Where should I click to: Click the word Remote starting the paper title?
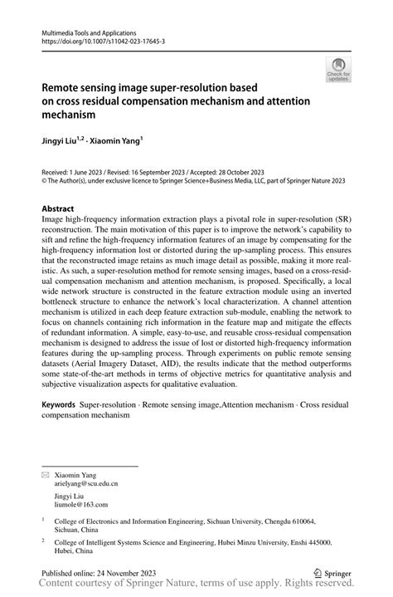pos(62,86)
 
